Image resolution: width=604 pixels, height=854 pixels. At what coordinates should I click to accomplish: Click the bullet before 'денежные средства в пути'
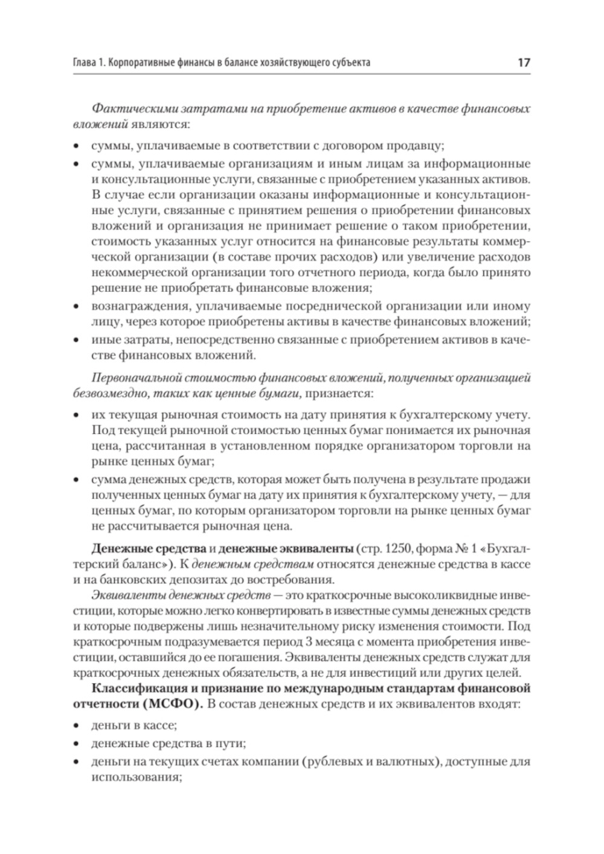(76, 744)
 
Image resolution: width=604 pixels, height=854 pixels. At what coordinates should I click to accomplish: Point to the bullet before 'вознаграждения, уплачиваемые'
(76, 306)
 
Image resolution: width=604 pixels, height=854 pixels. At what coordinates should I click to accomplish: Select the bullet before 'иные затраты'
(76, 341)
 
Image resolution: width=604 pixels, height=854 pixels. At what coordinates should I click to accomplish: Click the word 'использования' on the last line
(135, 777)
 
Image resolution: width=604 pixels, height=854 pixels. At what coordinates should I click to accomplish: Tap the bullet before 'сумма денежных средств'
(76, 480)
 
